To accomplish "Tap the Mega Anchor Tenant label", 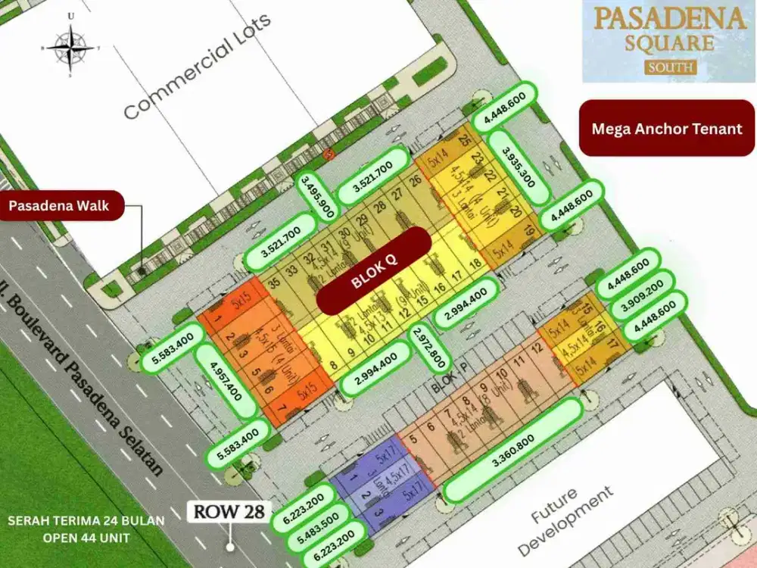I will point(667,128).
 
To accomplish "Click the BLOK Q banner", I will point(374,271).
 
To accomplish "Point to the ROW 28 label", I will point(229,511).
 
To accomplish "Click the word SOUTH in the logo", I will point(671,67).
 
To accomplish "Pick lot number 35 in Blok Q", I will point(274,282).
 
